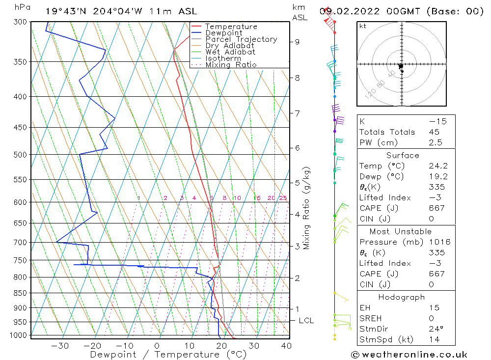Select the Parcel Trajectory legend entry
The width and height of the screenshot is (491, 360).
point(241,39)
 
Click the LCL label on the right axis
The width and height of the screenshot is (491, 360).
point(306,321)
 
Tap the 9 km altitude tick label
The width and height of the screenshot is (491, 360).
point(297,42)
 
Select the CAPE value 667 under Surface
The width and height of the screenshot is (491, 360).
point(436,208)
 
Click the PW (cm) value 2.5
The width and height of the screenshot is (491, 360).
point(436,142)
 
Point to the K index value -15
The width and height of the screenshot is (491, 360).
point(436,121)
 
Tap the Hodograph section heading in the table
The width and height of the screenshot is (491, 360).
point(402,297)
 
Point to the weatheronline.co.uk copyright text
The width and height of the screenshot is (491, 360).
point(409,355)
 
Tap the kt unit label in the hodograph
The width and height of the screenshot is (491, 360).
point(363,26)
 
